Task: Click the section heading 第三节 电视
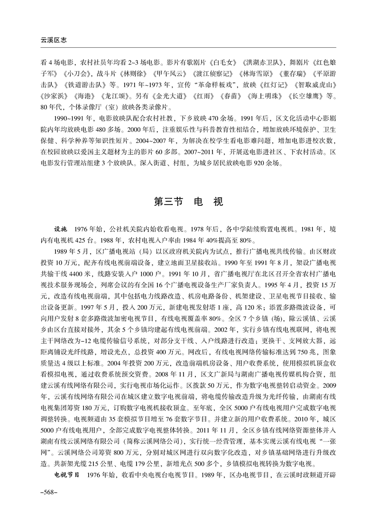[x=188, y=201]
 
